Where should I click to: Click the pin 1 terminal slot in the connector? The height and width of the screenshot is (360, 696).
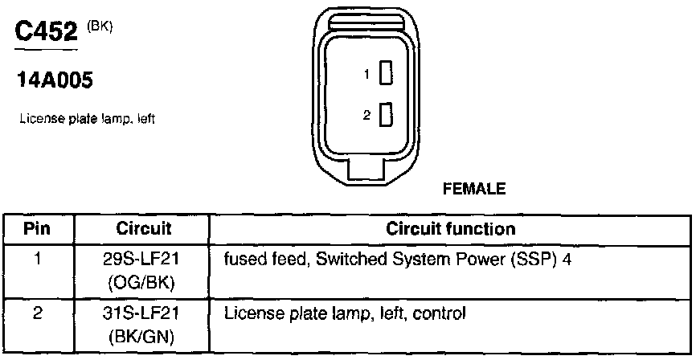click(386, 74)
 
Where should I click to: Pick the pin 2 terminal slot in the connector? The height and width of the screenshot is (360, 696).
click(386, 115)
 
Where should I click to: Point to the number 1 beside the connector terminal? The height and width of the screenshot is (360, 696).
click(366, 75)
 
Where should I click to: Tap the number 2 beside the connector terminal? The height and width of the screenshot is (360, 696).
click(366, 116)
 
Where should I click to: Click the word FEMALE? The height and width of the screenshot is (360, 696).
click(474, 190)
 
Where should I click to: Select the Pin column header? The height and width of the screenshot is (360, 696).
click(37, 229)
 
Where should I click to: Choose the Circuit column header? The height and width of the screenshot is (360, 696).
click(144, 229)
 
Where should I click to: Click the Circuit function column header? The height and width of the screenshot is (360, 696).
click(451, 229)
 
